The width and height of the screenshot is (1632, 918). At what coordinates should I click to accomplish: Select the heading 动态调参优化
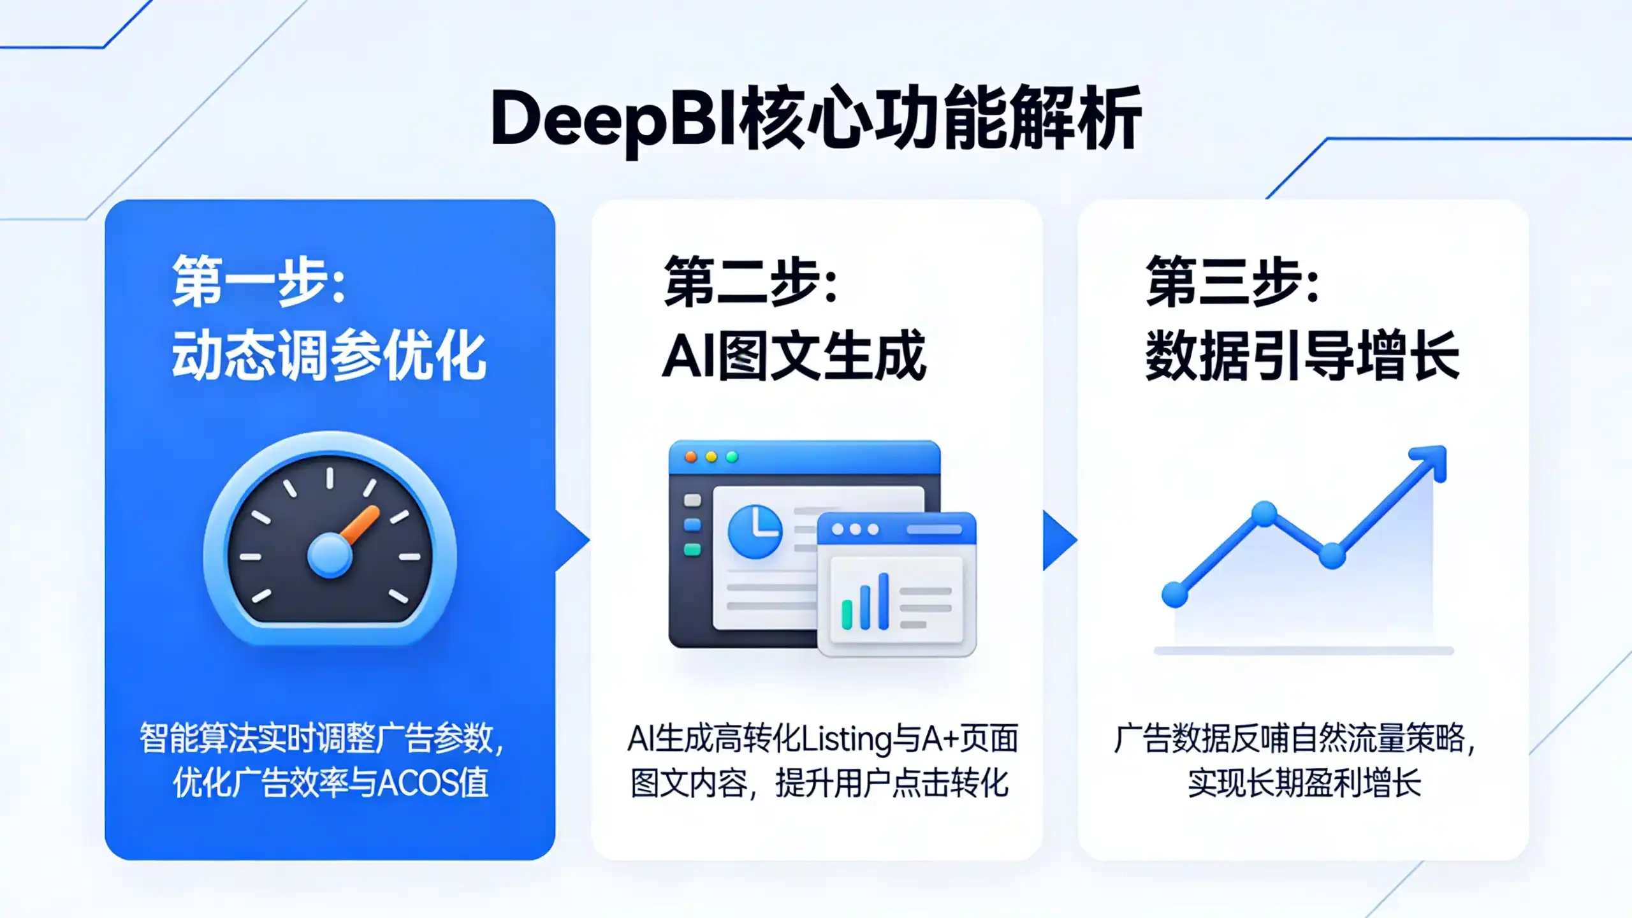coord(329,355)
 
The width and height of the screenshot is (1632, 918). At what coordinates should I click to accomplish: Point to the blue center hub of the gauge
coord(330,555)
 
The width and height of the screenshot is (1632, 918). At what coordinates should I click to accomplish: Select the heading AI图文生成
coord(794,355)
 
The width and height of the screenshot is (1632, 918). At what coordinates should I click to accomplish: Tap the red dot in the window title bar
coord(690,457)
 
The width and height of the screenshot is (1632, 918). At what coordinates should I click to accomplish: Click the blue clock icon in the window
coord(755,531)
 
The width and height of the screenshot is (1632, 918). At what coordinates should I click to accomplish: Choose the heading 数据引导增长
coord(1302,355)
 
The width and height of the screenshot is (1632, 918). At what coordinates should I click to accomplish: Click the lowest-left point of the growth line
coord(1175,595)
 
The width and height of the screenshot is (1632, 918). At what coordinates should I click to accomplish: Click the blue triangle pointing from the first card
coord(572,541)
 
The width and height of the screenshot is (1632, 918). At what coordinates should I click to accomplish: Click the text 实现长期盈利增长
coord(1304,782)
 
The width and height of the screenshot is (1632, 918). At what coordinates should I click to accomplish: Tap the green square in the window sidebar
coord(692,550)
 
